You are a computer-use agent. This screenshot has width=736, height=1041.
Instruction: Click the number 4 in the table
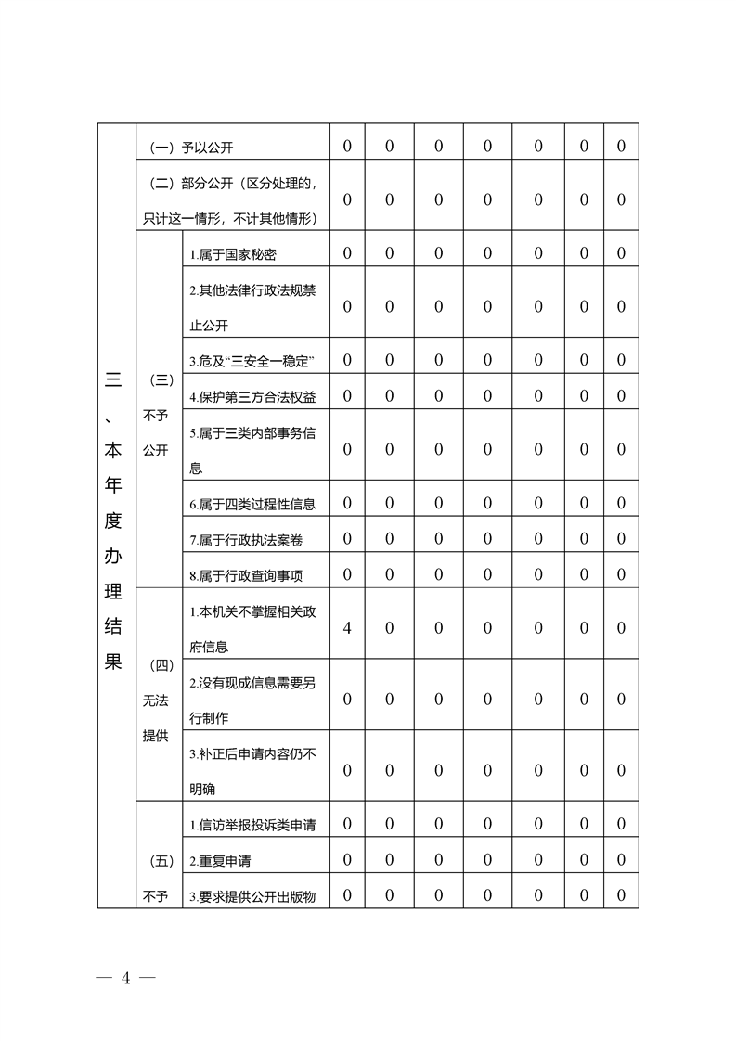[347, 628]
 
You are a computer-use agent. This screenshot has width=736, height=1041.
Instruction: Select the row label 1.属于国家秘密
[233, 254]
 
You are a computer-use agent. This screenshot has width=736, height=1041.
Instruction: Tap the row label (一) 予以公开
[198, 147]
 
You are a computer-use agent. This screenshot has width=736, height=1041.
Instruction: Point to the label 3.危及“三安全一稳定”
[252, 360]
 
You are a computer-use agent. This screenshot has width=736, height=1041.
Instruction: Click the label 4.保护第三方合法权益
[252, 397]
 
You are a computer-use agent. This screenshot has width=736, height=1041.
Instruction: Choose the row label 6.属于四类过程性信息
[252, 504]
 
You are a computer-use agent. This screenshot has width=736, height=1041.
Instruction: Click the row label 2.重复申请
[220, 860]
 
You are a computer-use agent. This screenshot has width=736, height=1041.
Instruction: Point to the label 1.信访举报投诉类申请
[252, 824]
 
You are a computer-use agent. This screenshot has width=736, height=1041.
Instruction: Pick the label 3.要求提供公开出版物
[252, 896]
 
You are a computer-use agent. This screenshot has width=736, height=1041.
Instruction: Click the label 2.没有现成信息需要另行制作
[252, 700]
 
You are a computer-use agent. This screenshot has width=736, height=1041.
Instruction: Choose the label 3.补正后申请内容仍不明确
[252, 771]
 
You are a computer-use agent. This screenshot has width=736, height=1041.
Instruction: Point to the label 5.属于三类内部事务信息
[252, 450]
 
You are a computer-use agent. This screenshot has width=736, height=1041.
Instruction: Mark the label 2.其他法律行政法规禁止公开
[252, 307]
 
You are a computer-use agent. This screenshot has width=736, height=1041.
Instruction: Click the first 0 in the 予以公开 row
[347, 147]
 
